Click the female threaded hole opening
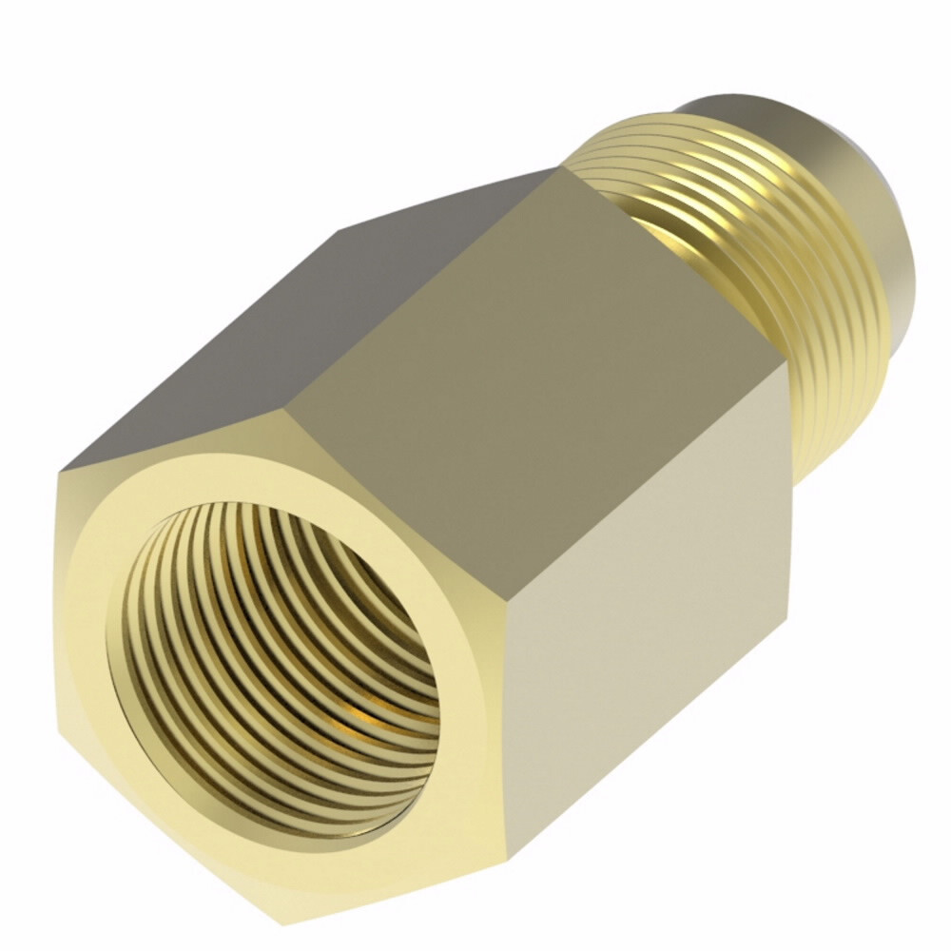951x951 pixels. pos(276,666)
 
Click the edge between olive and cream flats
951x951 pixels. pos(647,495)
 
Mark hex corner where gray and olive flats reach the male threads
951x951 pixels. pos(561,168)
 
